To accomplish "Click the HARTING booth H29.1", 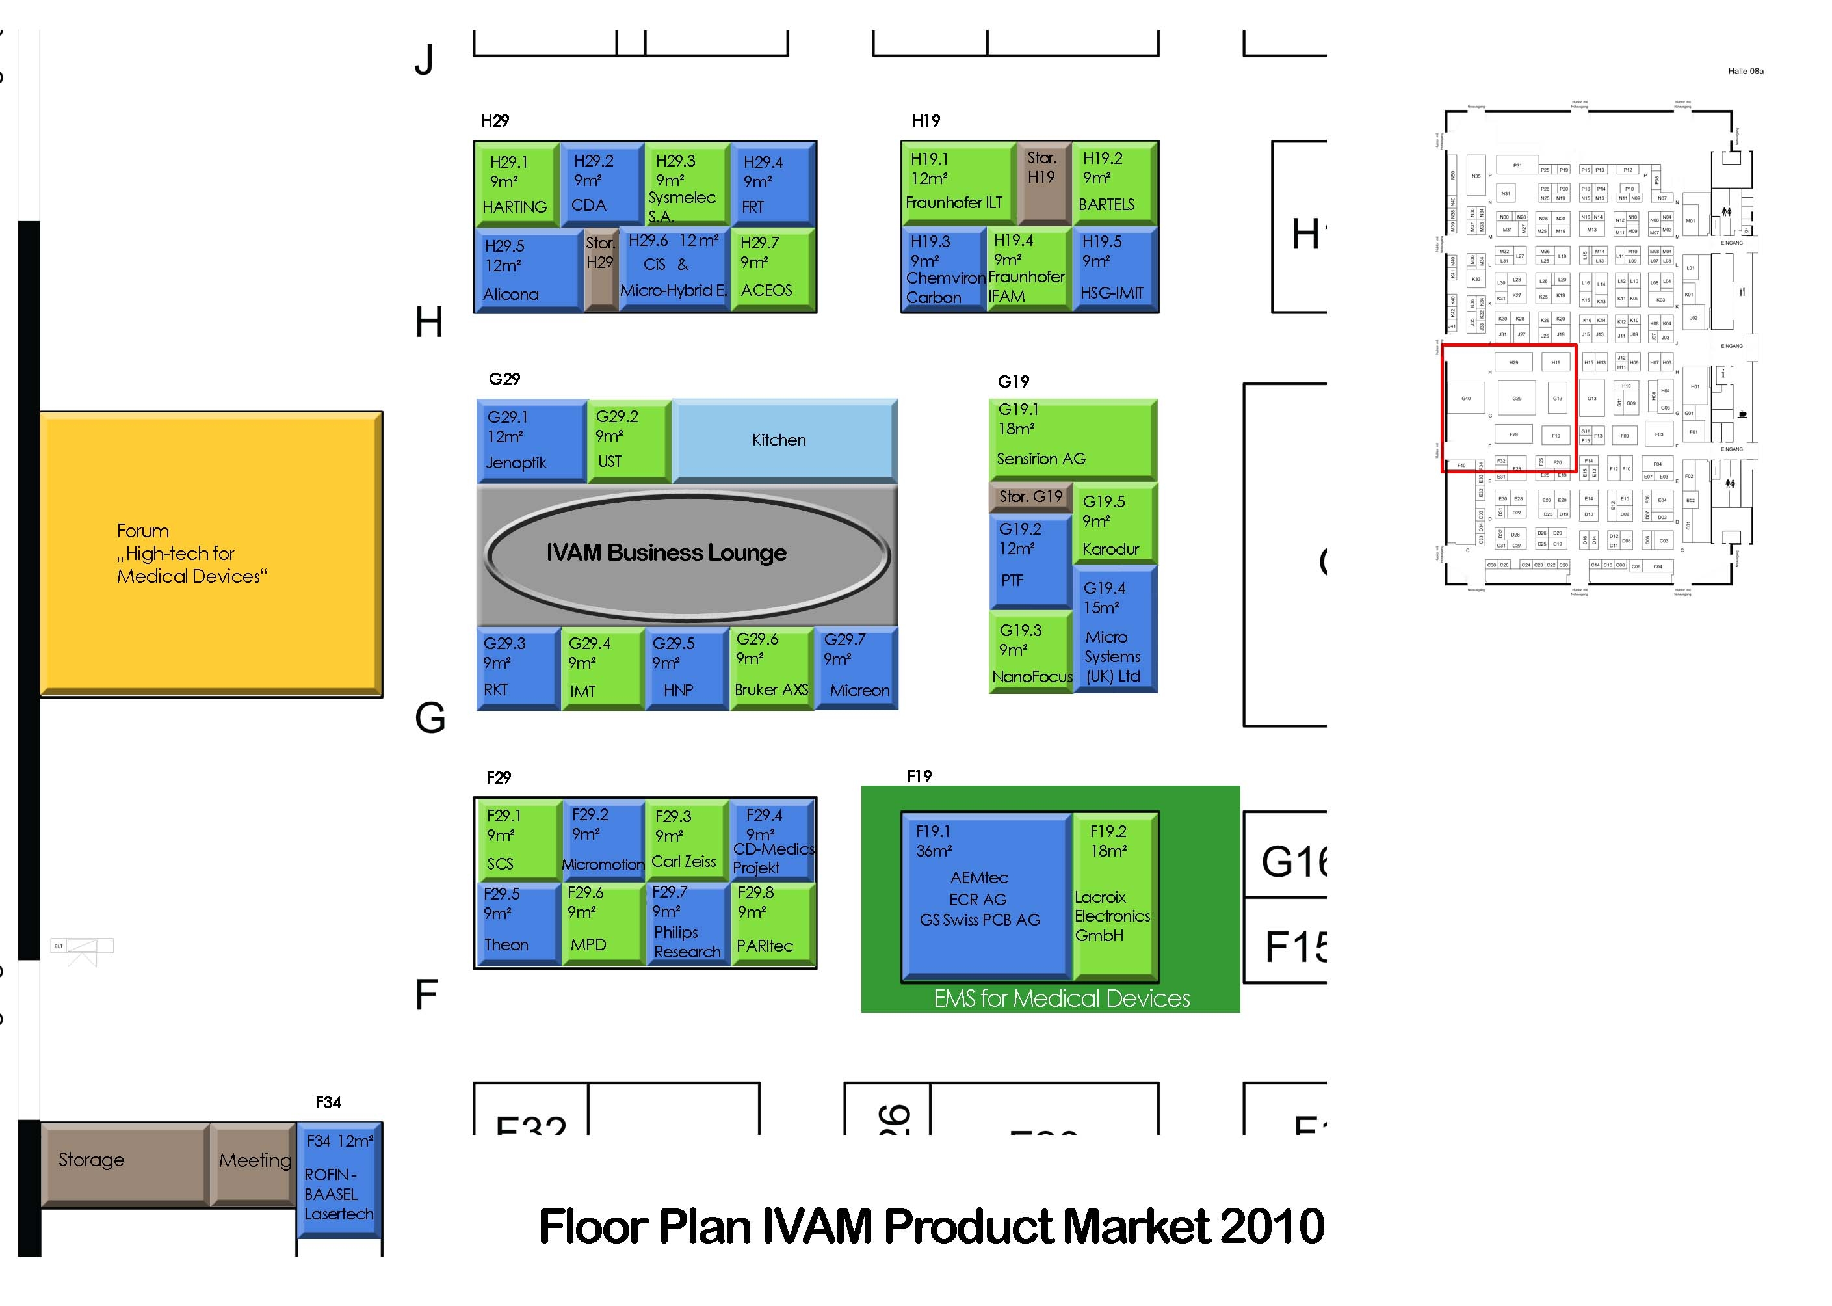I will [x=516, y=183].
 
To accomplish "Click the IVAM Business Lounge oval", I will [x=686, y=553].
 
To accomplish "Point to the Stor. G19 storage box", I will [x=1030, y=497].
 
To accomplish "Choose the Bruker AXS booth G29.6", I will [x=771, y=667].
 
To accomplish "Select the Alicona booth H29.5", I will [x=527, y=270].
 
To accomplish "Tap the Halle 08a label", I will [x=1745, y=72].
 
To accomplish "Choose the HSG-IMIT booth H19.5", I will [x=1115, y=269].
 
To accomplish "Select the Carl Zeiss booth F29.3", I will [x=686, y=840].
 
